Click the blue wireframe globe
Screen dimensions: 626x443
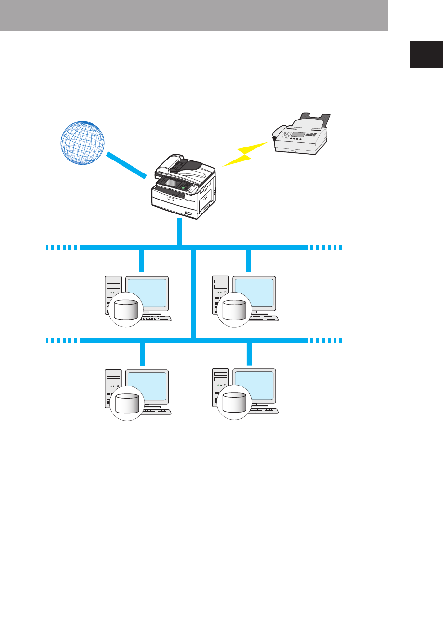(82, 144)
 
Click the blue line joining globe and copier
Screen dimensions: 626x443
(126, 165)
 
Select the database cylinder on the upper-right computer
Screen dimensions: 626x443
(235, 309)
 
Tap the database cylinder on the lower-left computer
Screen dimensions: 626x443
(127, 403)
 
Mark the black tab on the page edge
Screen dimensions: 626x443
(426, 55)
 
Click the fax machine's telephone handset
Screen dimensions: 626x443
(279, 132)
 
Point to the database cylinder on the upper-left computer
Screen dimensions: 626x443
(127, 309)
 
